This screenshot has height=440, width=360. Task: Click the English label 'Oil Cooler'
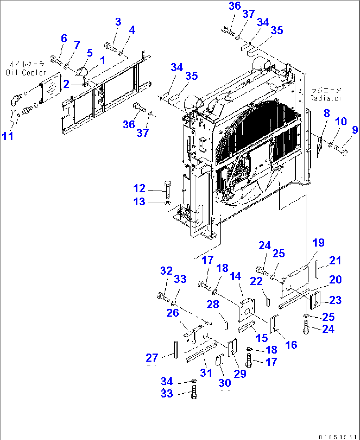[x=26, y=72]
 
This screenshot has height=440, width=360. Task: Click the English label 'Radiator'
[x=326, y=98]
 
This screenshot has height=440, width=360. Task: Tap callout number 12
[x=139, y=188]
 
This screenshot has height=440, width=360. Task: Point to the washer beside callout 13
[x=167, y=202]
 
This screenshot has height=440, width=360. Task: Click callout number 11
[x=8, y=136]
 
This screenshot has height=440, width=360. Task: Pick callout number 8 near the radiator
[x=326, y=113]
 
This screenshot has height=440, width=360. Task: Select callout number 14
[x=235, y=276]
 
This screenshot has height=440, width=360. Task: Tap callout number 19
[x=318, y=243]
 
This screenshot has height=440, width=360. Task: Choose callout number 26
[x=172, y=312]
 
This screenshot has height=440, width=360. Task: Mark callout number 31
[x=206, y=373]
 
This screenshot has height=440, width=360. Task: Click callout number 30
[x=225, y=383]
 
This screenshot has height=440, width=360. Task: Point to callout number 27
[x=152, y=357]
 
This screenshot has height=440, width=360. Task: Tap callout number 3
[x=118, y=22]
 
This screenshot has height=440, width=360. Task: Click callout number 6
[x=64, y=38]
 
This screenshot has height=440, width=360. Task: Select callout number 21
[x=335, y=260]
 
